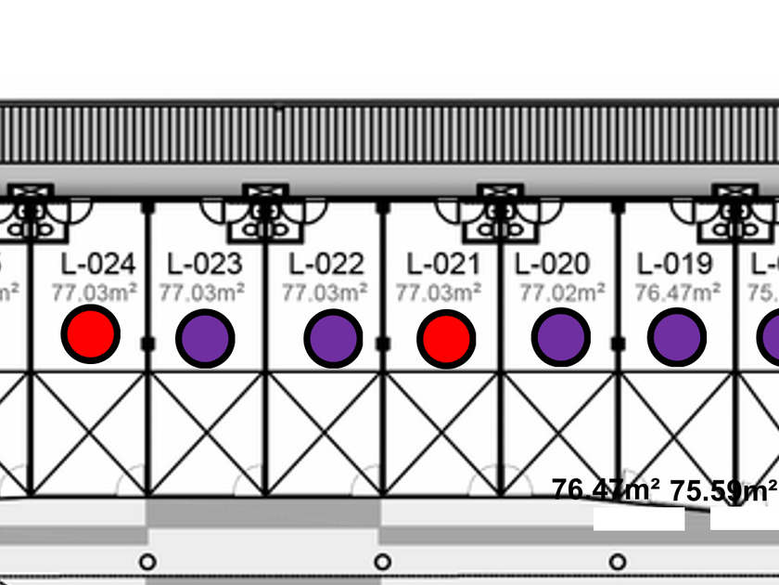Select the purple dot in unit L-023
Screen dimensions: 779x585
click(205, 338)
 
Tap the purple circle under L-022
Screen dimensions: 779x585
click(333, 338)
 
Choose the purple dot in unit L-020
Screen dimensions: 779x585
click(560, 338)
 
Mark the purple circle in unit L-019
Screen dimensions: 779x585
click(677, 338)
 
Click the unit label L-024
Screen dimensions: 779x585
click(98, 265)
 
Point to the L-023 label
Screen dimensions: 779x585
click(204, 265)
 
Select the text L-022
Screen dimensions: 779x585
click(326, 265)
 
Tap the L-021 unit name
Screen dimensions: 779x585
click(443, 265)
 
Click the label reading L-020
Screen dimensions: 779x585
click(552, 265)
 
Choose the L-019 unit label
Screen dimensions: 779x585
click(675, 265)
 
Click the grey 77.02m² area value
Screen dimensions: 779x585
click(562, 293)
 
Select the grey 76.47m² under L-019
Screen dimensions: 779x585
click(678, 293)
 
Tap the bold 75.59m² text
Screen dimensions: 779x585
click(723, 490)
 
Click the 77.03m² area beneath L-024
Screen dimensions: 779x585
click(95, 293)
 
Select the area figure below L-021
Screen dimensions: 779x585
click(439, 293)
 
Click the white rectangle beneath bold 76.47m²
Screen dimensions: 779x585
click(639, 519)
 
